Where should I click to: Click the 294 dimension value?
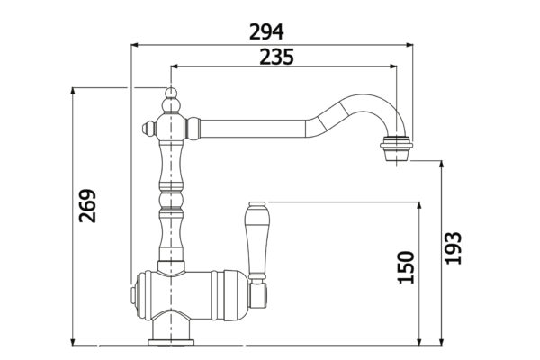(266, 31)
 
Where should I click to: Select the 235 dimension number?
(276, 57)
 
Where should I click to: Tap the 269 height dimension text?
(87, 206)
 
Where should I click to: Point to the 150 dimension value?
(406, 267)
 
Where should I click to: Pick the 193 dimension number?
(453, 248)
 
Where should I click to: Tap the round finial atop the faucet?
(171, 93)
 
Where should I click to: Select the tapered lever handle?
(256, 240)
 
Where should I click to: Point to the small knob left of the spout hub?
(149, 129)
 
